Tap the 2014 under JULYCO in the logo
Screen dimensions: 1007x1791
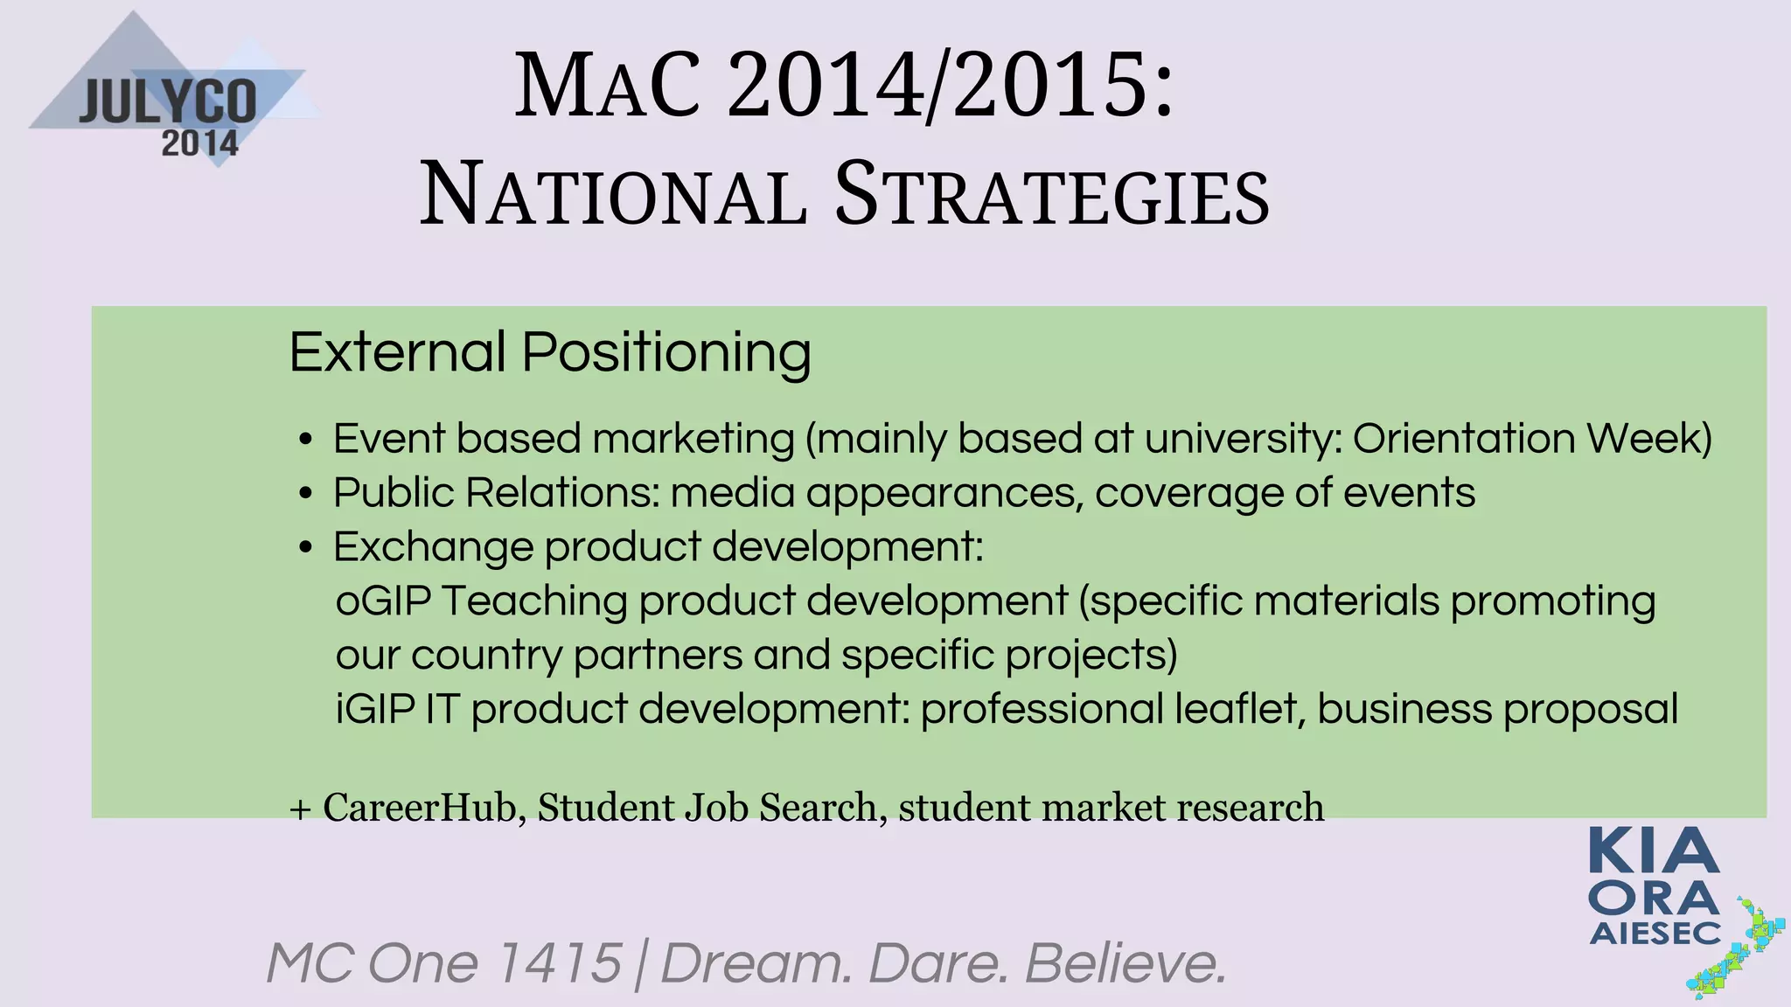(x=199, y=143)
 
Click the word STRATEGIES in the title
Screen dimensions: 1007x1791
(x=1051, y=196)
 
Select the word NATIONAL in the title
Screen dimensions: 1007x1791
(x=612, y=196)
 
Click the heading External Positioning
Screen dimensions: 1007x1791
(x=550, y=352)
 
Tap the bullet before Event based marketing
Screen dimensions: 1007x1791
(x=305, y=440)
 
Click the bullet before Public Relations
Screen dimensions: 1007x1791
(x=305, y=495)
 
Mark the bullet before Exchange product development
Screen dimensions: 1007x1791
(x=305, y=549)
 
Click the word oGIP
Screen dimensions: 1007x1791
(x=383, y=601)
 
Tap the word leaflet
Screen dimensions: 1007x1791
(x=1239, y=709)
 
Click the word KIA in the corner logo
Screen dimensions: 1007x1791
(x=1653, y=852)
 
